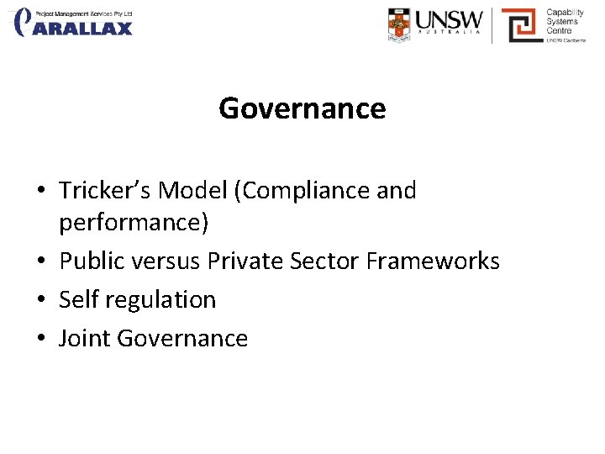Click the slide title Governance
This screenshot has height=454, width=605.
[302, 108]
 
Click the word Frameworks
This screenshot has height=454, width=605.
[433, 261]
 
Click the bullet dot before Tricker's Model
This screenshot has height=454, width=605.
[41, 192]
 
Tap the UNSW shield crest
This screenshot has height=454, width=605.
[400, 24]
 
